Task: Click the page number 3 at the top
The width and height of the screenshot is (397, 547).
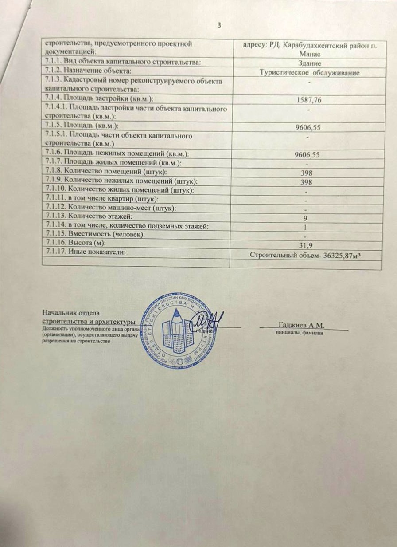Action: [218, 24]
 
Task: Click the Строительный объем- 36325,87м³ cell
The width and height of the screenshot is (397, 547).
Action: [309, 255]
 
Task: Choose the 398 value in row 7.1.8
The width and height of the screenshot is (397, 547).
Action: [307, 172]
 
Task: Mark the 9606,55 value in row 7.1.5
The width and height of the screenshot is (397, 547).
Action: [307, 128]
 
